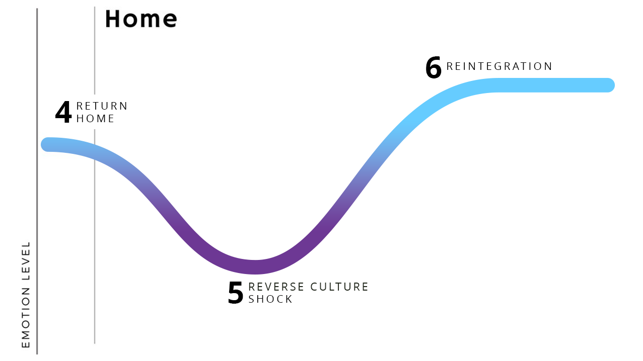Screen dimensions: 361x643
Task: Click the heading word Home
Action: pyautogui.click(x=141, y=19)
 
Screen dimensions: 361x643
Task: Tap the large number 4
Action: pyautogui.click(x=63, y=113)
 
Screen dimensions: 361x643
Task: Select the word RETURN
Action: pyautogui.click(x=102, y=106)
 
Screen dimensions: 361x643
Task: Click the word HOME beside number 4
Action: pyautogui.click(x=96, y=119)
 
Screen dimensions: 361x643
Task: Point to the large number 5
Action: pyautogui.click(x=236, y=293)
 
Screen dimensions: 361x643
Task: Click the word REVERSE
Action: pyautogui.click(x=276, y=287)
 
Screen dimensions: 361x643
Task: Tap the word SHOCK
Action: pyautogui.click(x=270, y=299)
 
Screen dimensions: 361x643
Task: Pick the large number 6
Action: pyautogui.click(x=433, y=68)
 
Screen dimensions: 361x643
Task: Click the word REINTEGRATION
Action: pyautogui.click(x=499, y=66)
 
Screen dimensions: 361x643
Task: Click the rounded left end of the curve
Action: pyautogui.click(x=48, y=144)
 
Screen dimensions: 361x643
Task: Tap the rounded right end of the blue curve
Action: pyautogui.click(x=608, y=85)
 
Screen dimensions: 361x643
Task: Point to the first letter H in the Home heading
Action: pyautogui.click(x=113, y=19)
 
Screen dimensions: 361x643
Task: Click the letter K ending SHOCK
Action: pyautogui.click(x=289, y=299)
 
